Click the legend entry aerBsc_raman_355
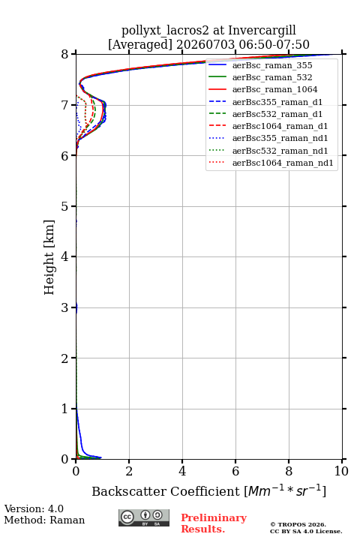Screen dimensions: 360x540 point(272,65)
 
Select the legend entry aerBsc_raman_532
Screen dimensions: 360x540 point(272,77)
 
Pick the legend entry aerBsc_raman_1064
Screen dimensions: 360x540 point(275,89)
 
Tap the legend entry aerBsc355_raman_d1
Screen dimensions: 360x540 point(277,102)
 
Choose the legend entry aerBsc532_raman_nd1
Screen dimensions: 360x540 point(280,151)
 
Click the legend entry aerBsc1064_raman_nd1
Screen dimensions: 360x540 point(283,163)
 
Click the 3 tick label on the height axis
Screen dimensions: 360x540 point(65,307)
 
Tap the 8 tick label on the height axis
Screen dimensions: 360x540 point(65,54)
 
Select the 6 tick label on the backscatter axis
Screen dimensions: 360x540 point(235,471)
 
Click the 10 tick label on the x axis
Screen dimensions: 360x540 point(341,471)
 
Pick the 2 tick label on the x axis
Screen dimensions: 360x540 point(129,471)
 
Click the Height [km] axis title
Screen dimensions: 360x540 point(49,257)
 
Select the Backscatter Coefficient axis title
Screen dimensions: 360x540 point(208,490)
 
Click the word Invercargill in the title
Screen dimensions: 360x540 point(262,31)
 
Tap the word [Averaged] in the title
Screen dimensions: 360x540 point(140,45)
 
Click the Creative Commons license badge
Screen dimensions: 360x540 point(144,517)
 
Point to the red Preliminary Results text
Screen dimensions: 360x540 point(214,523)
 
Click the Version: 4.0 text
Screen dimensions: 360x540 point(34,508)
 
